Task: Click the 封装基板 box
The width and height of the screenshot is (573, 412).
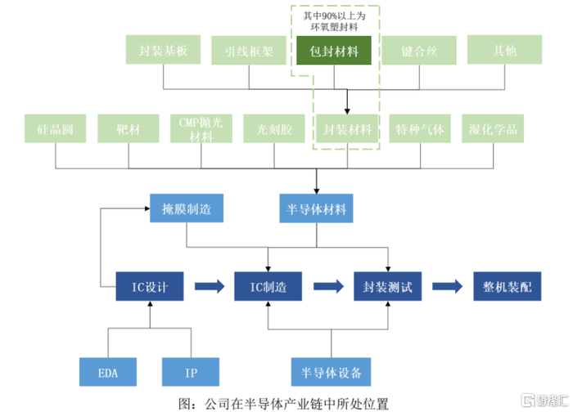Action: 165,51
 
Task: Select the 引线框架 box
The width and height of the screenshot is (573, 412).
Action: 249,51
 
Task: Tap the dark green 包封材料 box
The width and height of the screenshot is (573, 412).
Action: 334,51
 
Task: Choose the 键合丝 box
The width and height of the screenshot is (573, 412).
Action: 419,51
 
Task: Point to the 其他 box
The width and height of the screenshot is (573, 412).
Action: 504,51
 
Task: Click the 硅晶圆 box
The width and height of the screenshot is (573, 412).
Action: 56,129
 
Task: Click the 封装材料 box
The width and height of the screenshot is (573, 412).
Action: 347,129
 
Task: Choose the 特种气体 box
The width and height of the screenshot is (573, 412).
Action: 419,129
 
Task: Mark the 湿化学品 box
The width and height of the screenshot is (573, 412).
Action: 493,129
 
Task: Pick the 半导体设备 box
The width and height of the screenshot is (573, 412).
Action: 332,373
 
